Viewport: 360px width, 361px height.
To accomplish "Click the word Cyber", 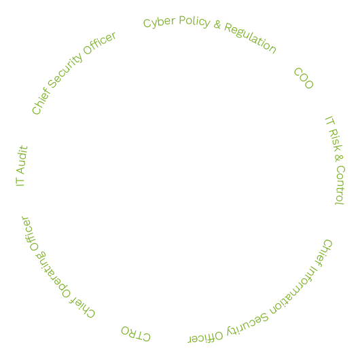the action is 159,22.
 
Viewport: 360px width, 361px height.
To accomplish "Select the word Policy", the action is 195,22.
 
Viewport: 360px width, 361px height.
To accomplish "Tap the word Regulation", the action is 250,38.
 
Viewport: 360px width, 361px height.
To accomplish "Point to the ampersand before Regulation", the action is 217,24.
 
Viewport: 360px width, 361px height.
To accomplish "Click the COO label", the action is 304,78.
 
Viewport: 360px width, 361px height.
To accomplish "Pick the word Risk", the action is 336,140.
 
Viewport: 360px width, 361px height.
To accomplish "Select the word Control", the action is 340,185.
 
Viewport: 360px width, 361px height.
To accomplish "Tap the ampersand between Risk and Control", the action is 339,158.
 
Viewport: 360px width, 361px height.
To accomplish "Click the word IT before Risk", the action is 330,120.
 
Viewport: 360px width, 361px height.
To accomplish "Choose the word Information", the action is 293,291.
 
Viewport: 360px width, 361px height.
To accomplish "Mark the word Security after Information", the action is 247,324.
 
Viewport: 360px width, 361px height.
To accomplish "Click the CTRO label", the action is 136,334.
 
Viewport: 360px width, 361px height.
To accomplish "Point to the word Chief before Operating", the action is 82,307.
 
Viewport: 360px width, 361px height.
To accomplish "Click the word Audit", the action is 22,159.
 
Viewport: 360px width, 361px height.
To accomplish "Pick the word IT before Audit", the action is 20,182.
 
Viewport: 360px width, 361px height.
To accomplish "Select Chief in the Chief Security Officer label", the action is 41,101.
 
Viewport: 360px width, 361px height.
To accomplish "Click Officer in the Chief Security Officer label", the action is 99,43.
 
